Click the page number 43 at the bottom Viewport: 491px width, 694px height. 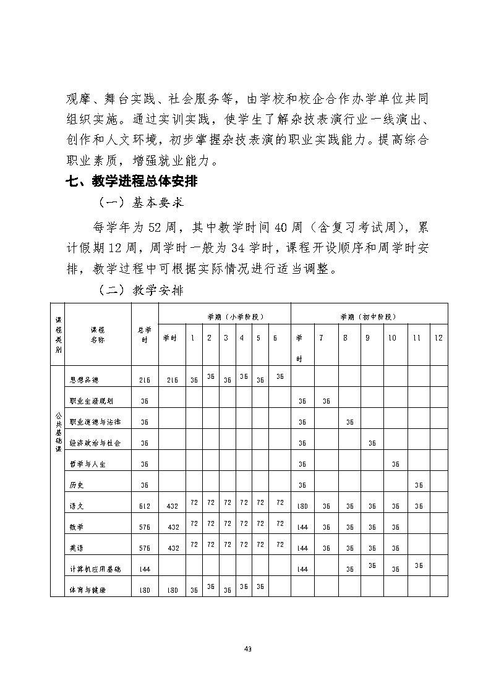coord(247,648)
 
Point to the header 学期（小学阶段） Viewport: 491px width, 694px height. coord(225,316)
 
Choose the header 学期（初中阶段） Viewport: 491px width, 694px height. coord(369,316)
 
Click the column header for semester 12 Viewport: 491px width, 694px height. coord(438,338)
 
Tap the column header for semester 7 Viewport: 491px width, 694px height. coord(320,338)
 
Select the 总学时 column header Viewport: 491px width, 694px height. coord(144,334)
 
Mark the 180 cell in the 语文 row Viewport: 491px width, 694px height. coord(303,506)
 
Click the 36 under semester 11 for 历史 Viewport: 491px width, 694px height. coord(418,485)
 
